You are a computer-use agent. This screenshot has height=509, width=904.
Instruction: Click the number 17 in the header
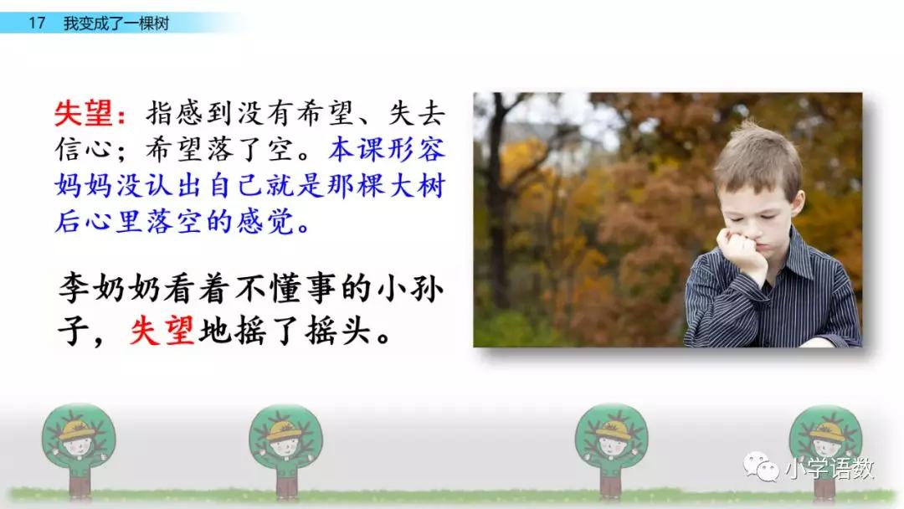(x=37, y=23)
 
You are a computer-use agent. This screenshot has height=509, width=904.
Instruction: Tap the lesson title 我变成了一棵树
(x=116, y=23)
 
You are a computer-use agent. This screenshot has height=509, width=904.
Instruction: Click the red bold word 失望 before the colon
(x=83, y=113)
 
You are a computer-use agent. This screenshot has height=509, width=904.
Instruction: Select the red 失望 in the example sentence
(x=162, y=331)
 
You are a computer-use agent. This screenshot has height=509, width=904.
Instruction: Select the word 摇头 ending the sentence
(x=338, y=331)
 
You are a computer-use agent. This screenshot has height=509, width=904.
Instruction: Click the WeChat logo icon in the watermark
(x=761, y=467)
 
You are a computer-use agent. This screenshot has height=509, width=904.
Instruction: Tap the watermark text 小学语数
(x=830, y=469)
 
